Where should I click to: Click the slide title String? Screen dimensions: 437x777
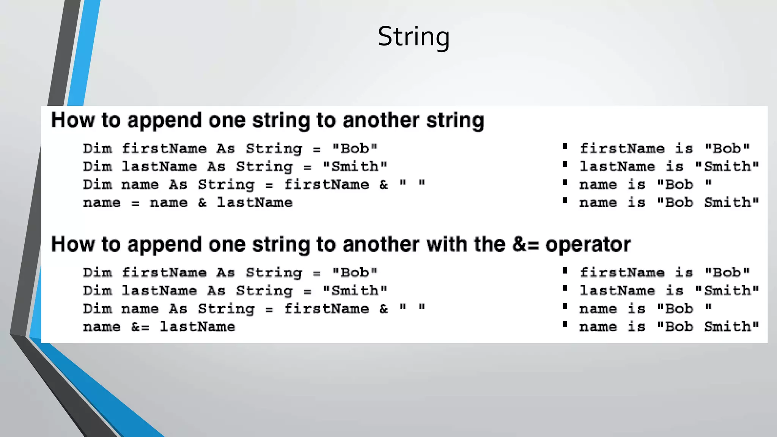pyautogui.click(x=414, y=37)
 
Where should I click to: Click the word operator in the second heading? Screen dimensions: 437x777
pyautogui.click(x=588, y=245)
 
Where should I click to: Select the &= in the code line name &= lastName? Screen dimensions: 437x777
pyautogui.click(x=140, y=327)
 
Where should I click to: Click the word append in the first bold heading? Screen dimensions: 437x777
pyautogui.click(x=165, y=121)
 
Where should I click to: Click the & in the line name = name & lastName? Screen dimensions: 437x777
pyautogui.click(x=202, y=203)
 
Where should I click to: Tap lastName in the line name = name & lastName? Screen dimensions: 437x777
pyautogui.click(x=255, y=203)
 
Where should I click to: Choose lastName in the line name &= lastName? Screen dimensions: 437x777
pyautogui.click(x=197, y=327)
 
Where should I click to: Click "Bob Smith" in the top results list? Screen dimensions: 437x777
pyautogui.click(x=708, y=203)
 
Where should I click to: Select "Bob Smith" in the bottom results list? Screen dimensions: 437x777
pyautogui.click(x=708, y=327)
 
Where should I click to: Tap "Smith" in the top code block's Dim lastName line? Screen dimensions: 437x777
pyautogui.click(x=355, y=166)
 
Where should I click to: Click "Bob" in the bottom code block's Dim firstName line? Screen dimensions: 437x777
pyautogui.click(x=355, y=272)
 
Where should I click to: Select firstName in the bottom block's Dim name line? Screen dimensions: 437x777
pyautogui.click(x=326, y=308)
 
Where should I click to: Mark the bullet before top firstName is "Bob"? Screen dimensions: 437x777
pyautogui.click(x=565, y=146)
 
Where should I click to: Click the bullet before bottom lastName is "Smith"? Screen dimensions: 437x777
pyautogui.click(x=565, y=288)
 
